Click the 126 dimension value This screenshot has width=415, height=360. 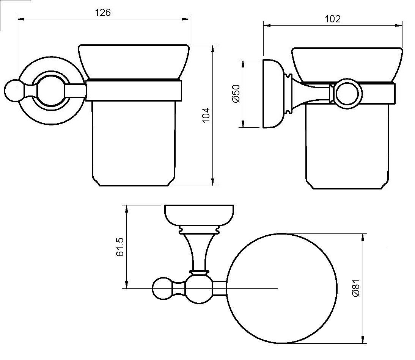pyautogui.click(x=102, y=13)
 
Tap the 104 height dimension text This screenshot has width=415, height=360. pyautogui.click(x=205, y=115)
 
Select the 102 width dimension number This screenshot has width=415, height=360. pyautogui.click(x=333, y=19)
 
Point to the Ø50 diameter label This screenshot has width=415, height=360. pyautogui.click(x=236, y=93)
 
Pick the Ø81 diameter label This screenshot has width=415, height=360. pyautogui.click(x=355, y=289)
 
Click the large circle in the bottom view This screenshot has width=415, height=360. pyautogui.click(x=283, y=288)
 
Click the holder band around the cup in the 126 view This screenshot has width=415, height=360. pyautogui.click(x=134, y=91)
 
